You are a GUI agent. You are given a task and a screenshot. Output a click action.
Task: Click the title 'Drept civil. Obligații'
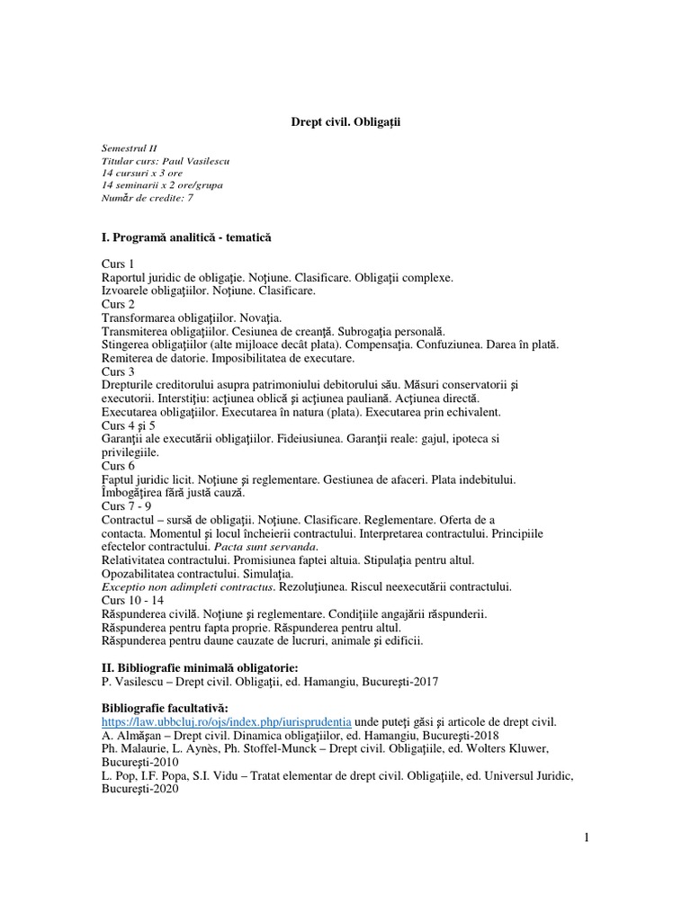click(345, 121)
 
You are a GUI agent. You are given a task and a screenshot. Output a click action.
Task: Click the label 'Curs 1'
click(118, 264)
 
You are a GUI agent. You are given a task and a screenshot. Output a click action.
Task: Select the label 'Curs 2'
click(118, 305)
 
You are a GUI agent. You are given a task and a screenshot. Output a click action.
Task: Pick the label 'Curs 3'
click(118, 371)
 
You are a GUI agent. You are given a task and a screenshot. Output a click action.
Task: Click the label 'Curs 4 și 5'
click(129, 425)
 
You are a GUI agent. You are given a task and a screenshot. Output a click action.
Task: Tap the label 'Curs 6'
click(118, 466)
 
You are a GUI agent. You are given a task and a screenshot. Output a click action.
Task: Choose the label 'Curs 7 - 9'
click(126, 506)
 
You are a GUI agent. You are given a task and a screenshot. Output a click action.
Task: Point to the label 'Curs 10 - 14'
click(131, 600)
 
